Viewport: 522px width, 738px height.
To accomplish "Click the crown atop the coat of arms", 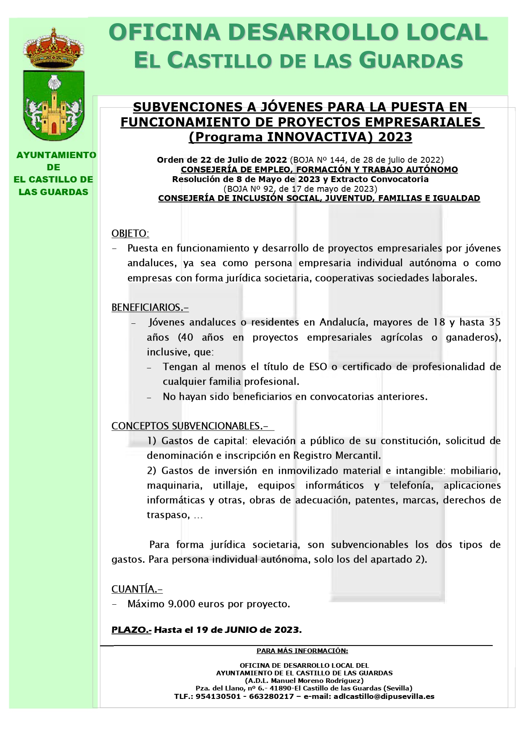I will coord(53,48).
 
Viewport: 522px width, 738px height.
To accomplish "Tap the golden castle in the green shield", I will coord(53,114).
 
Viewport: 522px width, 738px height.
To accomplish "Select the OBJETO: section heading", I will coord(130,233).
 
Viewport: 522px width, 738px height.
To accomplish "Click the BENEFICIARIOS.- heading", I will coord(150,307).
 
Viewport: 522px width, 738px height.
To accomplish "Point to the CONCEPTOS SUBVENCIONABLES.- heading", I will coord(190,426).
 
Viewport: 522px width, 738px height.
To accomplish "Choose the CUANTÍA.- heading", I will coord(137,589).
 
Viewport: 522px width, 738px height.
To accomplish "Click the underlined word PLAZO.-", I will coord(131,630).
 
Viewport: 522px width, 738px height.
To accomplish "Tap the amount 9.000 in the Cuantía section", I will coord(181,604).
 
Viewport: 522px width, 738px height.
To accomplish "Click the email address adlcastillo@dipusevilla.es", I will coord(384,696).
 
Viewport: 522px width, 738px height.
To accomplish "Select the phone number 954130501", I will coord(218,696).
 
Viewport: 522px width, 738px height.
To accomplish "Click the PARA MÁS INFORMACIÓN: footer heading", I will coord(302,651).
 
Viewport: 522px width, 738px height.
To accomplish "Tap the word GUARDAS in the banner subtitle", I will coord(412,61).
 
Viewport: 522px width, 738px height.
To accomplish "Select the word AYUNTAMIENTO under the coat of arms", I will coord(56,155).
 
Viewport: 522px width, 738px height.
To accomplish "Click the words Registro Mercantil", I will coord(337,455).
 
